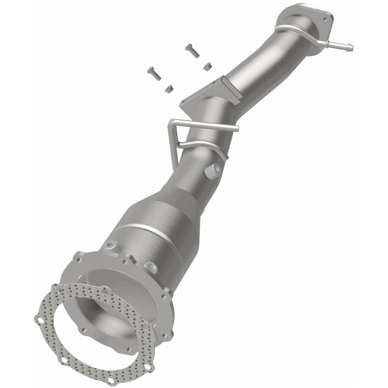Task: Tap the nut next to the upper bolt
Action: (x=207, y=66)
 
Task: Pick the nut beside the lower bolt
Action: (x=168, y=87)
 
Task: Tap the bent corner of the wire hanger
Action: (x=171, y=125)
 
